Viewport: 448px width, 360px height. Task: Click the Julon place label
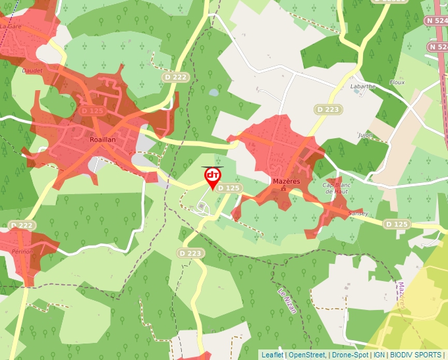(365, 135)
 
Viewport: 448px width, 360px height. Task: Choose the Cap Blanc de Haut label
(336, 188)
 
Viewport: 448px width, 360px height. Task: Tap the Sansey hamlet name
(358, 213)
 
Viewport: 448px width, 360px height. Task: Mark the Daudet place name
(32, 70)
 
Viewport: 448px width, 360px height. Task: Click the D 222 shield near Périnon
(22, 226)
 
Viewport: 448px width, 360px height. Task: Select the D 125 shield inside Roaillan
(92, 111)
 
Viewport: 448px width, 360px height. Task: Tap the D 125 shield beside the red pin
(229, 188)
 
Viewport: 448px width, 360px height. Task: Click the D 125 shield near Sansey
(397, 224)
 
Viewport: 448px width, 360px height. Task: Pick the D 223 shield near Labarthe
(327, 109)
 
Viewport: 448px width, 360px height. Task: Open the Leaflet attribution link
(272, 355)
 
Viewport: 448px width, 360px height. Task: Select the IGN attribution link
(379, 355)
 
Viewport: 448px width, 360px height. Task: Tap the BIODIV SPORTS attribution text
(416, 355)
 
